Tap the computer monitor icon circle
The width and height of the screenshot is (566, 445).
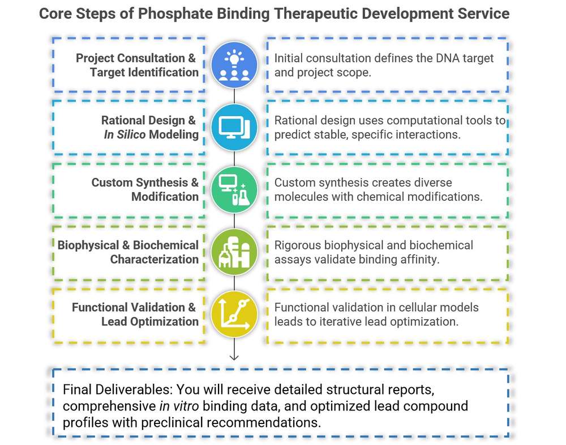(234, 128)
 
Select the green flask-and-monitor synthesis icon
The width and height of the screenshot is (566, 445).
(234, 190)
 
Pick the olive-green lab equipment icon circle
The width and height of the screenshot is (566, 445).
(234, 252)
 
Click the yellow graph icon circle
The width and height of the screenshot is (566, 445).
(234, 315)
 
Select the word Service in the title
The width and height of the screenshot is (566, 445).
(488, 14)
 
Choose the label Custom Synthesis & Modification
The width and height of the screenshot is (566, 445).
(145, 190)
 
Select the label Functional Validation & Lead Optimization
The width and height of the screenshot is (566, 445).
(135, 315)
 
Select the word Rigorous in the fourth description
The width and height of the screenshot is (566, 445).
(297, 245)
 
